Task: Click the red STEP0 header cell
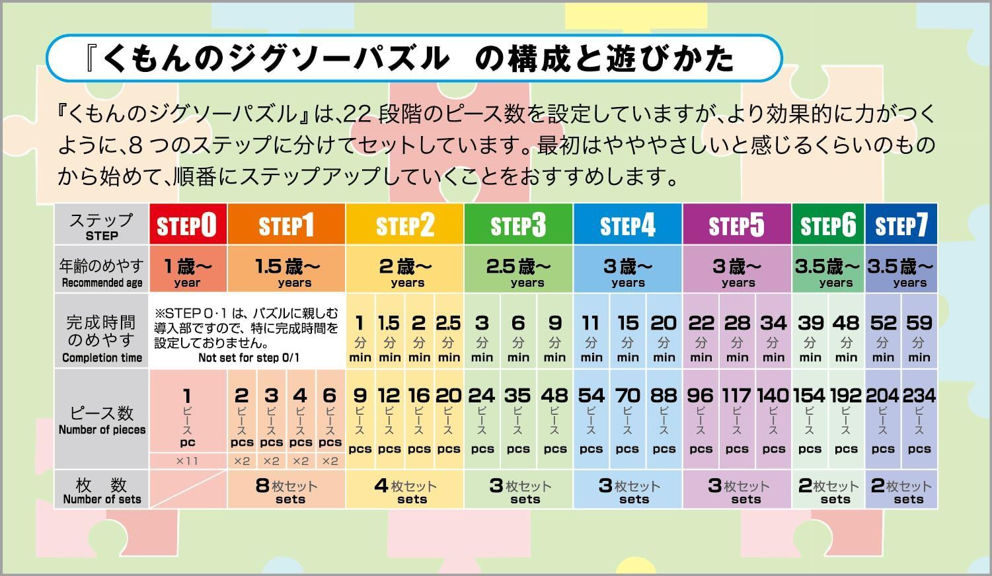pyautogui.click(x=188, y=225)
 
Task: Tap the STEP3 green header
pyautogui.click(x=518, y=225)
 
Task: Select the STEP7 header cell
pyautogui.click(x=901, y=225)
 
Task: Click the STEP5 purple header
pyautogui.click(x=736, y=225)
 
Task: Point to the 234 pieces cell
pyautogui.click(x=919, y=419)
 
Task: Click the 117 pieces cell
pyautogui.click(x=737, y=419)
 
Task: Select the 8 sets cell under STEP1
pyautogui.click(x=286, y=489)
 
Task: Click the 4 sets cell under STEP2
pyautogui.click(x=404, y=489)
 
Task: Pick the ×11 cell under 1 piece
pyautogui.click(x=188, y=461)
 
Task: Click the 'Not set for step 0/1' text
pyautogui.click(x=248, y=358)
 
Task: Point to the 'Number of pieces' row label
pyautogui.click(x=102, y=429)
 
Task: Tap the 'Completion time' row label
pyautogui.click(x=102, y=358)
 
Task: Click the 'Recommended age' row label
pyautogui.click(x=102, y=283)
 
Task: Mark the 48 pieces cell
pyautogui.click(x=554, y=419)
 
